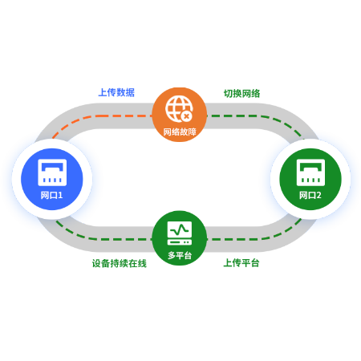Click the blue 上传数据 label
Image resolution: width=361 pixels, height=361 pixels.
tap(116, 92)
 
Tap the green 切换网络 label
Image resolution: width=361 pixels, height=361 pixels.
tap(241, 94)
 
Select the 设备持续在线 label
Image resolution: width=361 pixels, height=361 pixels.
tap(120, 263)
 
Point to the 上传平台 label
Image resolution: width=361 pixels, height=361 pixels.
tap(241, 263)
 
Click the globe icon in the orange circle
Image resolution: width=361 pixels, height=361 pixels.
tap(179, 109)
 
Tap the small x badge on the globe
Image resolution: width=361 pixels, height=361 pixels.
tap(187, 116)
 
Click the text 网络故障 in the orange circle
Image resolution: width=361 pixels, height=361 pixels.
tap(180, 132)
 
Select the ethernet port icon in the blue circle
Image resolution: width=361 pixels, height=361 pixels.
tap(52, 172)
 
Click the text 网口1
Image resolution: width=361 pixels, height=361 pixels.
tap(52, 195)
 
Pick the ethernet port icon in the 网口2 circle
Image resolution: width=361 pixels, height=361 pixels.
tap(310, 172)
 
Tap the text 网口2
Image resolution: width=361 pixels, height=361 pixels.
tap(310, 195)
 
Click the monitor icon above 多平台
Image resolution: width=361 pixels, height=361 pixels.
tap(180, 233)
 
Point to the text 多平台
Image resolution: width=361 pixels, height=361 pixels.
tap(180, 255)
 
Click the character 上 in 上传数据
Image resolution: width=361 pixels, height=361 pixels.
tap(103, 92)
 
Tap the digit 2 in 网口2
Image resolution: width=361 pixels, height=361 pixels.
tap(318, 195)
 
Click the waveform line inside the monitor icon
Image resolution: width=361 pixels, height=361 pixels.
tap(180, 229)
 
